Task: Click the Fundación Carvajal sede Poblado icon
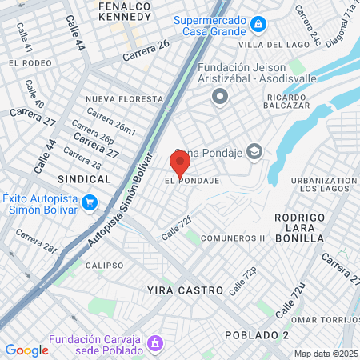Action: pyautogui.click(x=156, y=346)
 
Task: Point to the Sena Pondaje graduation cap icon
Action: pyautogui.click(x=254, y=151)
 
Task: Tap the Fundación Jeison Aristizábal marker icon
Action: pyautogui.click(x=219, y=97)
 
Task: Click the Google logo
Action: pyautogui.click(x=26, y=350)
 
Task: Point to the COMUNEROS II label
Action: pyautogui.click(x=233, y=238)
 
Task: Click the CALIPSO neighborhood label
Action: pyautogui.click(x=105, y=265)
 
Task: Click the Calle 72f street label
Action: pyautogui.click(x=177, y=228)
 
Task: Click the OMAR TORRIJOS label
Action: pyautogui.click(x=326, y=321)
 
